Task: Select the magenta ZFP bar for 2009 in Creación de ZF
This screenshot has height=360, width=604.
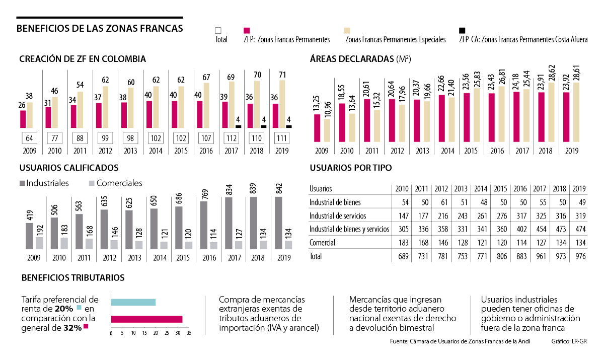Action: click(23, 119)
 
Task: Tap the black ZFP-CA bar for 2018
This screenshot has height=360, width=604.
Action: click(264, 126)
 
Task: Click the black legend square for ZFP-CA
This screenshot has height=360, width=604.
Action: click(463, 31)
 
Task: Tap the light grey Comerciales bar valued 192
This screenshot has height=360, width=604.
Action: click(39, 243)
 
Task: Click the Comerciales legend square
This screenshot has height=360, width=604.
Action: click(91, 184)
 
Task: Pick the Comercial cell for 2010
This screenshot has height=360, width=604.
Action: click(401, 243)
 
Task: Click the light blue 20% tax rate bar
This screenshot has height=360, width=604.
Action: click(133, 302)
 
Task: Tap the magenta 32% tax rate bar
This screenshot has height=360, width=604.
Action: click(146, 319)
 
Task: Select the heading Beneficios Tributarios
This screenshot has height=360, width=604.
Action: click(73, 277)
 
